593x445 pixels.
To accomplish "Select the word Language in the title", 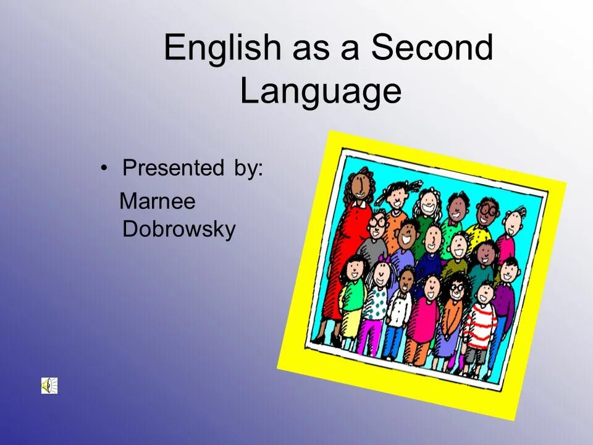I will [x=321, y=91].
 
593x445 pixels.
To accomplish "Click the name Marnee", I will [x=157, y=201].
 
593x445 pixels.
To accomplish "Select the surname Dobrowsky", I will [x=179, y=229].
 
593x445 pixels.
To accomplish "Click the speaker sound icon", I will [x=49, y=386].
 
